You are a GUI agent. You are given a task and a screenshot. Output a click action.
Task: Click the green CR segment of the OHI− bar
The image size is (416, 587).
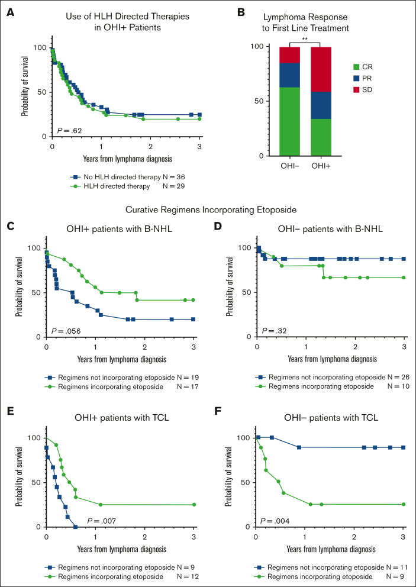(289, 121)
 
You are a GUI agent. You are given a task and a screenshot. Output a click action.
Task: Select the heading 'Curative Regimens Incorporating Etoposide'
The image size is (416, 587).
(208, 209)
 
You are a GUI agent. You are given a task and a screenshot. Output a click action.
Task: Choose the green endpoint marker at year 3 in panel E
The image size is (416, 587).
(194, 505)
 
